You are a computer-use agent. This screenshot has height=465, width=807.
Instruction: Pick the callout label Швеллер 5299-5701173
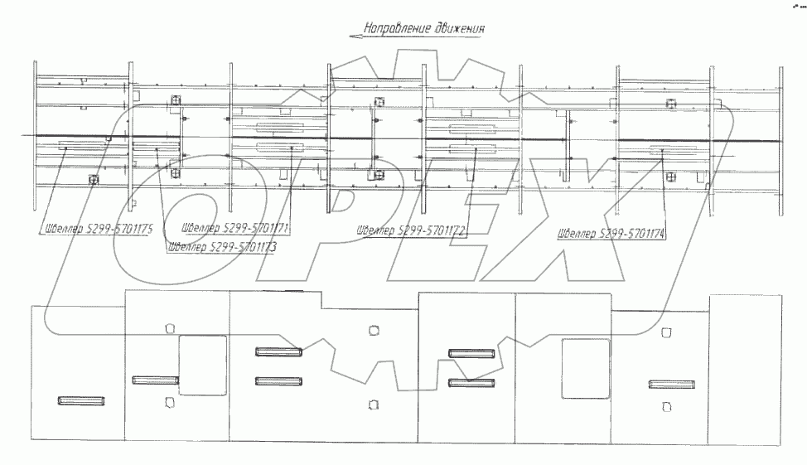click(x=221, y=246)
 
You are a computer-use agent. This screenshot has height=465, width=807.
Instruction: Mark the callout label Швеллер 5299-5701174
click(x=612, y=233)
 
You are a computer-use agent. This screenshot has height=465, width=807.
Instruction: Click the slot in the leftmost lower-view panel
click(x=82, y=401)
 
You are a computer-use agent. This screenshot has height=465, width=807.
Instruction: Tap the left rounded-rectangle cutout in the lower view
click(x=203, y=365)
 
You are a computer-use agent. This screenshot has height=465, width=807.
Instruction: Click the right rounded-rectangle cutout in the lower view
click(x=586, y=367)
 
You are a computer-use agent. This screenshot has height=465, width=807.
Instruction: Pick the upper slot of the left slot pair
click(x=278, y=352)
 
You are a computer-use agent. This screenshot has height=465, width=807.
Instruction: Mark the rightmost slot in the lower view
click(x=671, y=384)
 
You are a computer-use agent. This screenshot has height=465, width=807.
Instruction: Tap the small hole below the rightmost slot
click(x=667, y=406)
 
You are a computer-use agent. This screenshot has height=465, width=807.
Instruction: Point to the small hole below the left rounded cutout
click(x=170, y=403)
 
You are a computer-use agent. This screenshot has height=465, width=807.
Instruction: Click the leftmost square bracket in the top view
click(x=93, y=180)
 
